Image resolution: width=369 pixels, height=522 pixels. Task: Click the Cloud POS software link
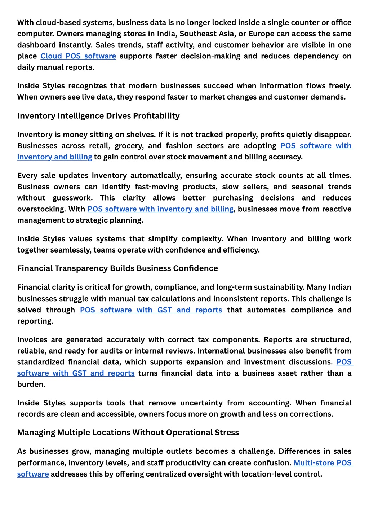pos(78,56)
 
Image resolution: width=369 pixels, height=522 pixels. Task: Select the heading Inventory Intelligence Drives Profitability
pos(98,116)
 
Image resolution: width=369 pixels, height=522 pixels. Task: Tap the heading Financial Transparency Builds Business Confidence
pos(117,268)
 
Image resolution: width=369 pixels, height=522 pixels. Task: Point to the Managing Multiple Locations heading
pos(128,433)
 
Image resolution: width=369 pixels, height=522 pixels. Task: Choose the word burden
pos(31,385)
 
